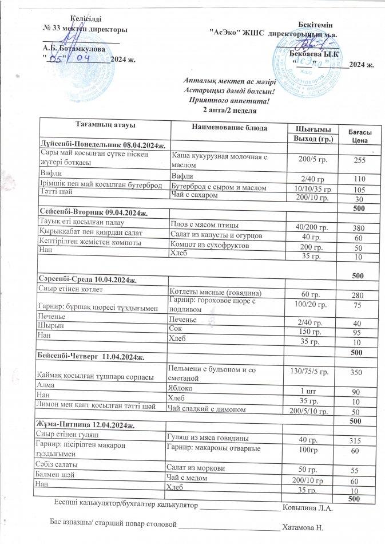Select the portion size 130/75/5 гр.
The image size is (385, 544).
[x=309, y=372]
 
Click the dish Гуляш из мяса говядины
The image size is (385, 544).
[x=206, y=439]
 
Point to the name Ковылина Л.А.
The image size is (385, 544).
[x=313, y=507]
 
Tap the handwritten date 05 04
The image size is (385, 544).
[x=70, y=58]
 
